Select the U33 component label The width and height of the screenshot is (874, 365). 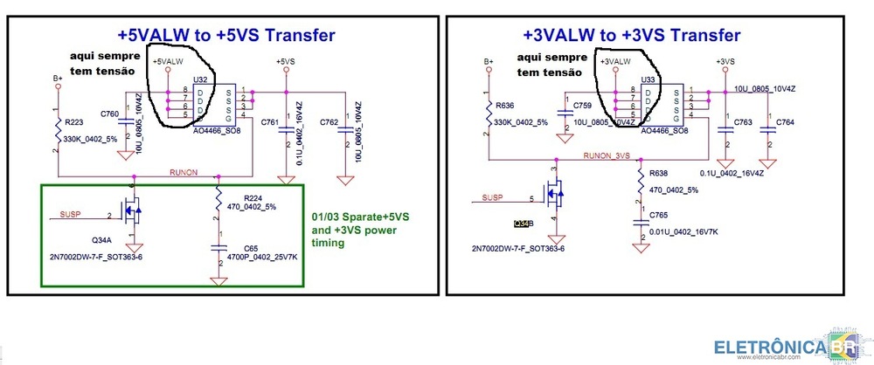649,79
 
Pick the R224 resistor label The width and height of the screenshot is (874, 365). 254,198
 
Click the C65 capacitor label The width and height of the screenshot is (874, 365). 251,249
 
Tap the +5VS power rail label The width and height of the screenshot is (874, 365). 286,62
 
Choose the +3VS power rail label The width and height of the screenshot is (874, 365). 725,61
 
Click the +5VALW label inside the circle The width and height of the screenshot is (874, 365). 168,62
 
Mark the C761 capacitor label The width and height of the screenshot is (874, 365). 271,122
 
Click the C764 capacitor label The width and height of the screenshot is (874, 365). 785,122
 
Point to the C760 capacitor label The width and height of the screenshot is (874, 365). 110,114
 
